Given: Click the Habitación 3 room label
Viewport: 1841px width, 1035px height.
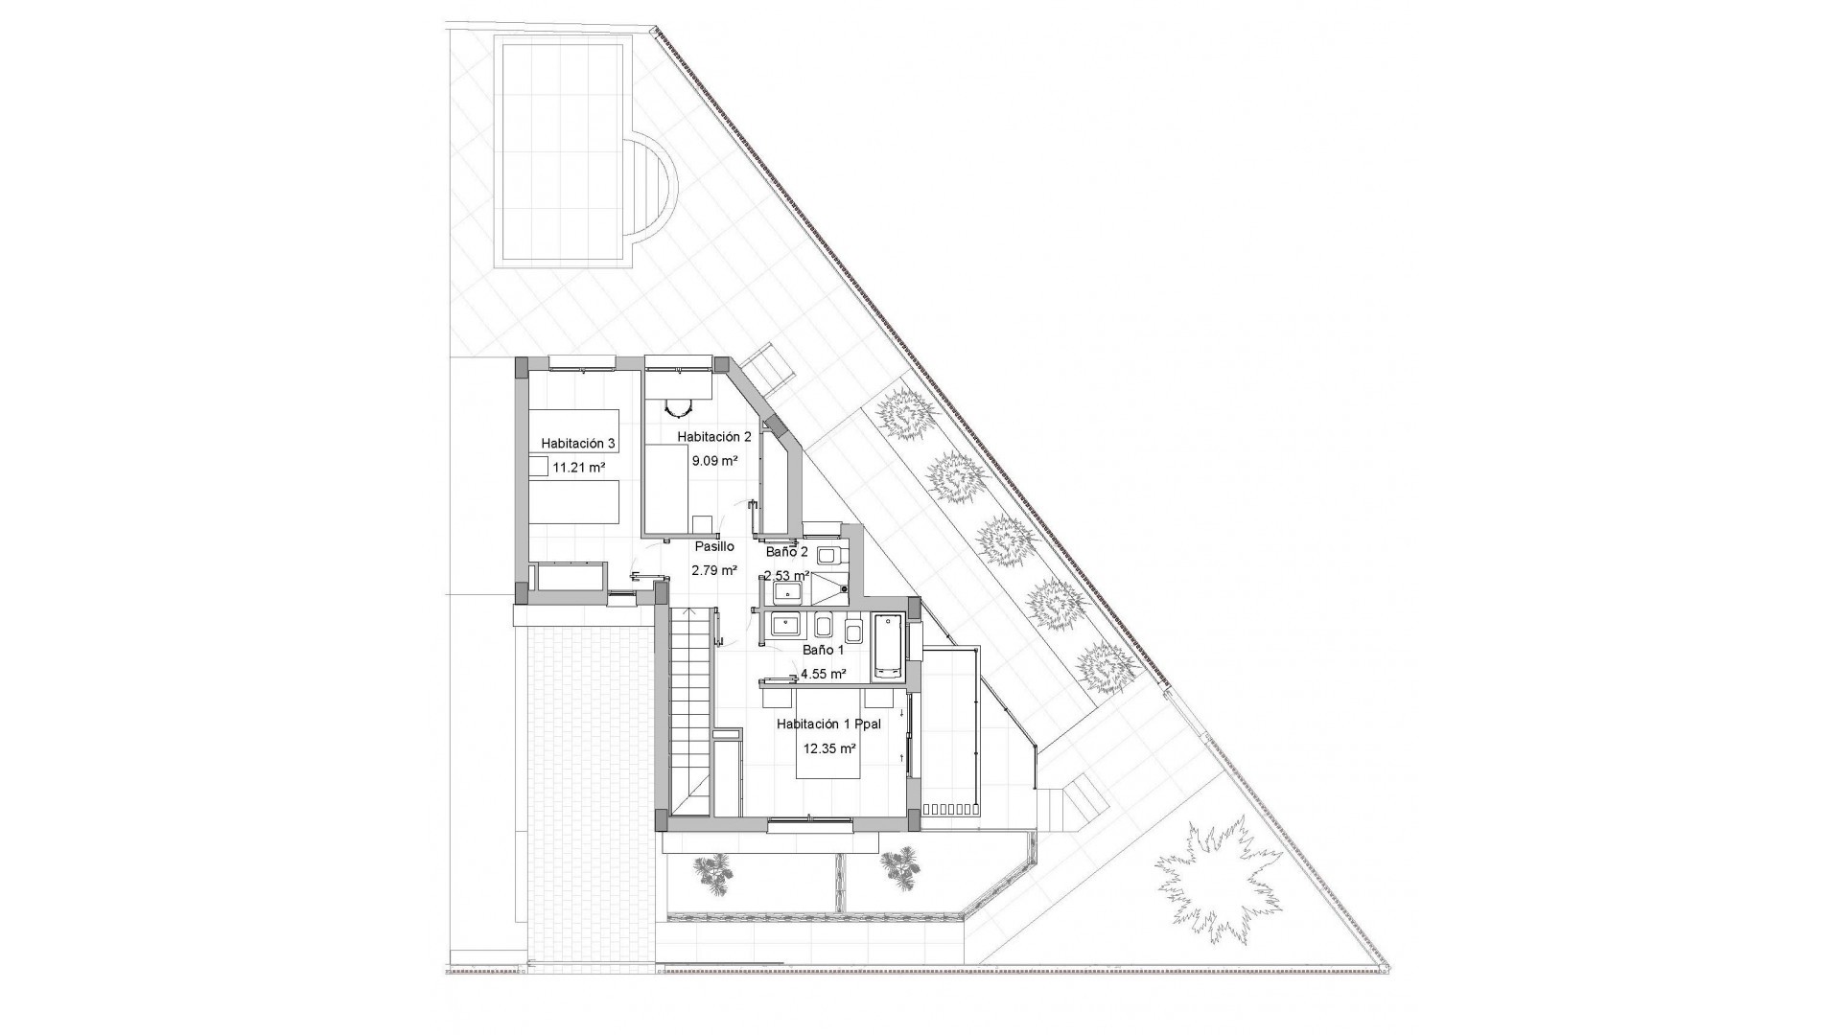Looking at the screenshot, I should (x=577, y=444).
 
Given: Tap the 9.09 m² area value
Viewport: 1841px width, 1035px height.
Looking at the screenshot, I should (x=714, y=460).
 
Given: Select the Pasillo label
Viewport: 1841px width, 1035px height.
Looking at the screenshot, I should (x=714, y=546).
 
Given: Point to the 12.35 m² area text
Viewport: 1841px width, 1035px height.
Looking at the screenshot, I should (x=829, y=749).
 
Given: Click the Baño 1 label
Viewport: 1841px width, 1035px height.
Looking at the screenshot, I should (x=823, y=649).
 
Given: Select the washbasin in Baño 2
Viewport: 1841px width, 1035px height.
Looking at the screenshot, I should (x=787, y=593).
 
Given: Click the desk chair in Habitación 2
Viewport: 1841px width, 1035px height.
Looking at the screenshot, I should (x=679, y=407).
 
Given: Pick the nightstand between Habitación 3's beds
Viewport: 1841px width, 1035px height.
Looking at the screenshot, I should (x=540, y=466).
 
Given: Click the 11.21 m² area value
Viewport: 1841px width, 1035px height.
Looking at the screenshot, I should (x=579, y=468).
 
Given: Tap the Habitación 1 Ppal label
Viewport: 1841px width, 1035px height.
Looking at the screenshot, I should (x=828, y=725).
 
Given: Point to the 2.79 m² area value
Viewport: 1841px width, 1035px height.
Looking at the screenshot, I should (x=714, y=570).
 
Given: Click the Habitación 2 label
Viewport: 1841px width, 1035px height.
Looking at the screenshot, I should (x=714, y=437).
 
